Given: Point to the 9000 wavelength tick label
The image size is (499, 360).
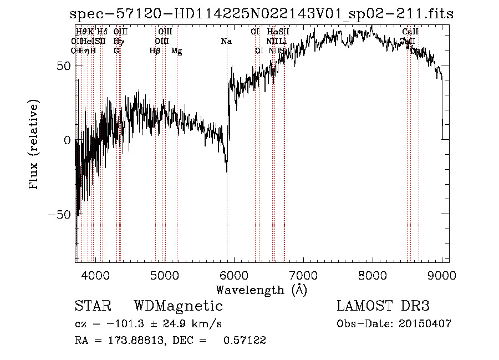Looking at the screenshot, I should coord(441,274).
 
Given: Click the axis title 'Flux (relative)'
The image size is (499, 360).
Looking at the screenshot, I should coord(34,145).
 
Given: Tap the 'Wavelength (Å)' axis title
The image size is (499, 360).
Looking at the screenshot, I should coord(261,290).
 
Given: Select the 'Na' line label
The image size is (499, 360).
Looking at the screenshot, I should coord(226,41).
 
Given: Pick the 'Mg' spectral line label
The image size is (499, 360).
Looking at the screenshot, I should coord(176,50).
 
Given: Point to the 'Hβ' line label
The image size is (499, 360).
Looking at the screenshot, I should coord(155,50).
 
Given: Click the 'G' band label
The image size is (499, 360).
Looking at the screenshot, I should coord(116,50).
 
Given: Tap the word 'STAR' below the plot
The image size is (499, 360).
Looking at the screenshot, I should coord(93,306).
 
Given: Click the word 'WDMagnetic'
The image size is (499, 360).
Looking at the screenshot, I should coord(178,306).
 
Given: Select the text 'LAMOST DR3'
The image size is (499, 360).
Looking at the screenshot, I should coord(383,306).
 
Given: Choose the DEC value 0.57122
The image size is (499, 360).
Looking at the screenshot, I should coord(244,341).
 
